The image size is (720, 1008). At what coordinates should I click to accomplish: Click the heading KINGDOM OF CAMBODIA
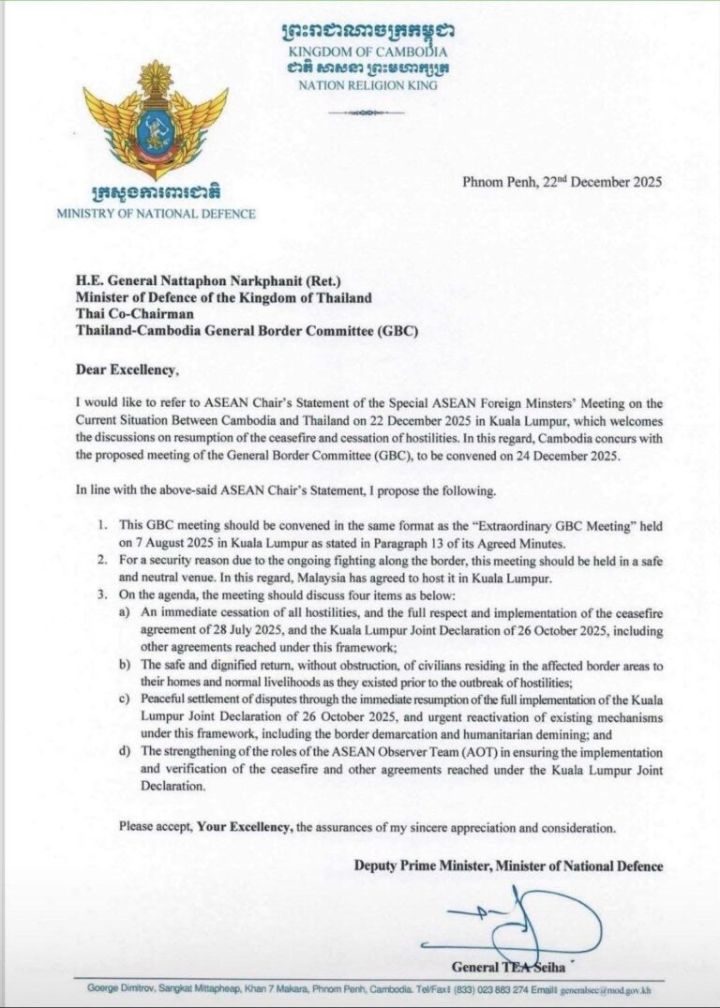(x=367, y=52)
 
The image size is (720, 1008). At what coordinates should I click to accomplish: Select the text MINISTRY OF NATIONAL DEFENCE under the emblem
(x=155, y=214)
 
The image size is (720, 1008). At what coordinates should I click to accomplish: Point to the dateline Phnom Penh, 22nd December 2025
(x=562, y=182)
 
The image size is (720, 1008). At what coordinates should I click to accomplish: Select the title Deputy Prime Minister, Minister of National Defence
(x=508, y=865)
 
